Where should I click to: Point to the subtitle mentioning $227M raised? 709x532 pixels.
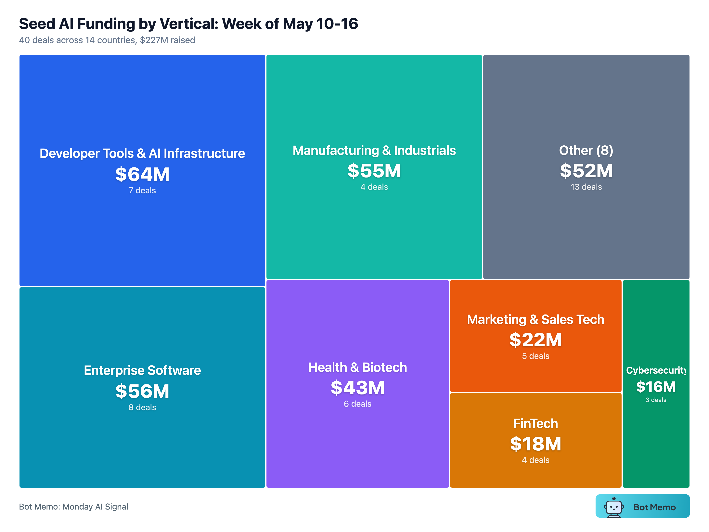pos(107,40)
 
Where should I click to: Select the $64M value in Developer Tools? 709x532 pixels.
pos(142,174)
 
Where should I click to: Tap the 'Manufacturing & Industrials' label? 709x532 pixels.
pos(374,150)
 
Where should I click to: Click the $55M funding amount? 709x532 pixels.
pos(374,171)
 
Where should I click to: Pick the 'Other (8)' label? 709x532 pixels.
pos(586,150)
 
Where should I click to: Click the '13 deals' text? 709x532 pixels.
pos(586,187)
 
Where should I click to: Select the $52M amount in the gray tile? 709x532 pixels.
pos(586,171)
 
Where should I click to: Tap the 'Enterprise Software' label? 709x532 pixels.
pos(142,370)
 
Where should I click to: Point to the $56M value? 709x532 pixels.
pos(142,391)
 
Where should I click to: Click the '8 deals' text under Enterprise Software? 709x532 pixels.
pos(142,407)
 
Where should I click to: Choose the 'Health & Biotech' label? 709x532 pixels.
pos(357,367)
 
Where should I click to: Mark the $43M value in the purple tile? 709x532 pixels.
pos(357,388)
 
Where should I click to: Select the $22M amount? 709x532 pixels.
pos(536,340)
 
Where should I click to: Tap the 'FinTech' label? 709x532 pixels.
pos(536,424)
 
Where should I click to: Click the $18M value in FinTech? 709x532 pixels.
pos(536,444)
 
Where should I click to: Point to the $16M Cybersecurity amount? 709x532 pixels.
pos(656,387)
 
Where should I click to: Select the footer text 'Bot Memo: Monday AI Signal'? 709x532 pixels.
pos(73,507)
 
